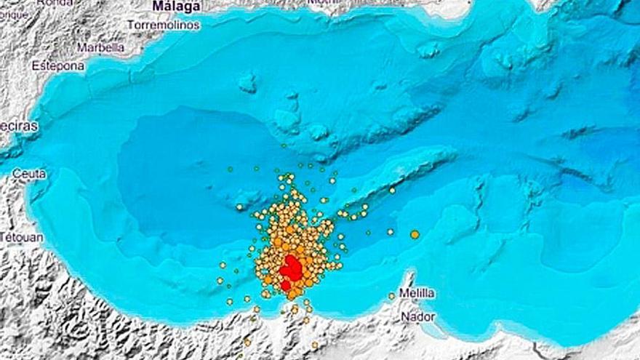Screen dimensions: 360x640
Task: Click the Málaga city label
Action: tap(176, 7)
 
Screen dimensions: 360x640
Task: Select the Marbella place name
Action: tap(100, 47)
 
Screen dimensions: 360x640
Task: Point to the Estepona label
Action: tap(58, 65)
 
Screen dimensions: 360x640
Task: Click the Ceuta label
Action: tap(29, 174)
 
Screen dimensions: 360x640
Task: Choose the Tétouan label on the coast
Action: tap(23, 237)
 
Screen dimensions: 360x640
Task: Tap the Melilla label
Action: tap(417, 293)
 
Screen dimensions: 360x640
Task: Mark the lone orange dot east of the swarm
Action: tap(415, 234)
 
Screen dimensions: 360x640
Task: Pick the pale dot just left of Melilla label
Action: tap(391, 295)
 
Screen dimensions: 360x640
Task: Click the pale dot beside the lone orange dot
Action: tap(391, 231)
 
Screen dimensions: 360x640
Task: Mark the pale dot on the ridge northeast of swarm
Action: tap(392, 190)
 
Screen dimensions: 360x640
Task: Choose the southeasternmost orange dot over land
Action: tap(314, 344)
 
